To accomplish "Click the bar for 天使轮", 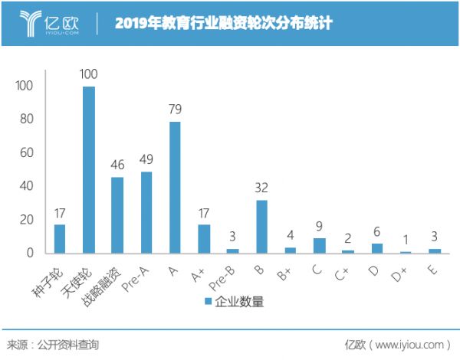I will click(x=89, y=170).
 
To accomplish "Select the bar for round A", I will click(x=175, y=188).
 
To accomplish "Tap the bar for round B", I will click(x=261, y=227).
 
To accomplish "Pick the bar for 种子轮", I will click(x=60, y=239).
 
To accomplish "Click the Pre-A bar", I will click(x=146, y=212).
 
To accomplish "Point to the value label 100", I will click(x=89, y=74).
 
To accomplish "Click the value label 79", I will click(x=175, y=110).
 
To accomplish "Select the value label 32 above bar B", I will click(x=261, y=188).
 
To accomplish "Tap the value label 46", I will click(x=117, y=165).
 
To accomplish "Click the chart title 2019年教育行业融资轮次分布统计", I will click(x=223, y=23).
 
